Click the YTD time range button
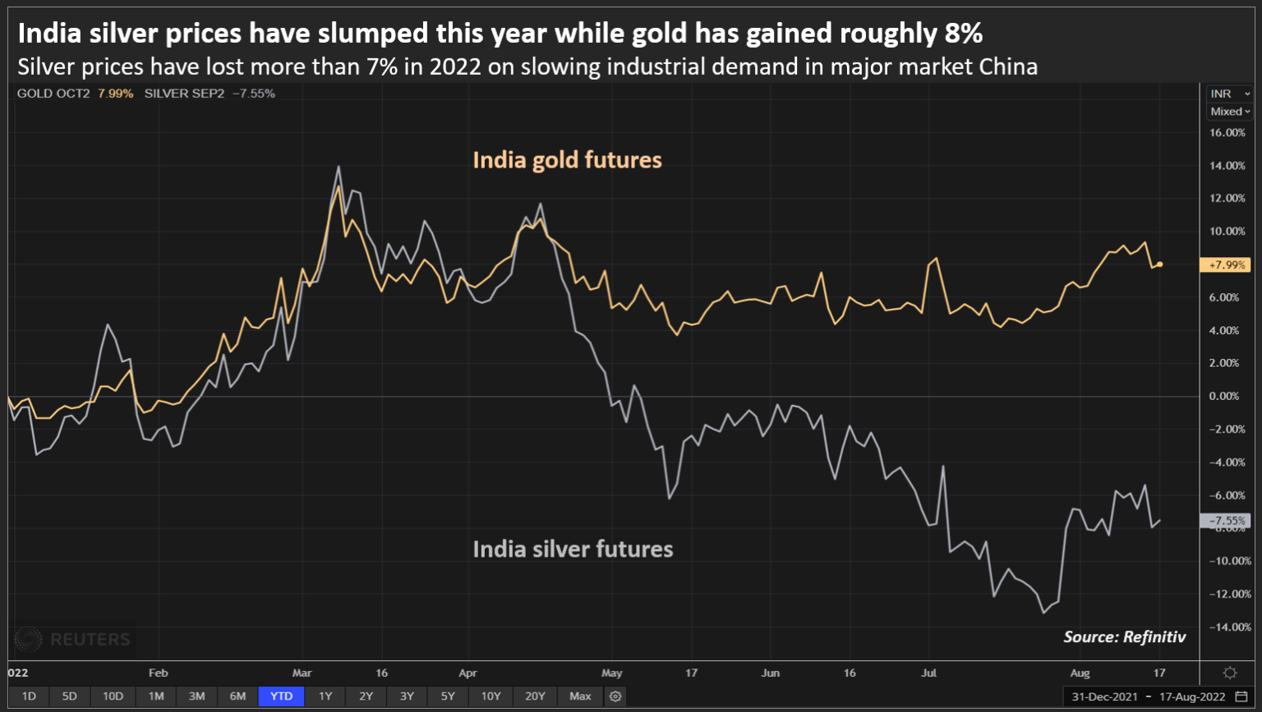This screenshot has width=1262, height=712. (x=281, y=696)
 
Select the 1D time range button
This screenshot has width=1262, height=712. (x=29, y=696)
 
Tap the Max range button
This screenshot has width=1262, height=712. (x=580, y=696)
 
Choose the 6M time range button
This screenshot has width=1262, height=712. (x=237, y=696)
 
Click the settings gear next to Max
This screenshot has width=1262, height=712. (x=615, y=696)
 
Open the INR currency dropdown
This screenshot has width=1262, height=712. (x=1230, y=94)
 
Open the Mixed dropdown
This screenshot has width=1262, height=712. (x=1230, y=112)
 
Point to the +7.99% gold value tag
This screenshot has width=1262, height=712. (x=1224, y=265)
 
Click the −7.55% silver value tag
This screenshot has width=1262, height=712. (x=1224, y=521)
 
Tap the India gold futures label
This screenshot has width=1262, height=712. (x=567, y=159)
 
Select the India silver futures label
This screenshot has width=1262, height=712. (x=573, y=549)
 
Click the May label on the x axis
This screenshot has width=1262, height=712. (x=611, y=673)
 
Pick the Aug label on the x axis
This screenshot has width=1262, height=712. (x=1080, y=673)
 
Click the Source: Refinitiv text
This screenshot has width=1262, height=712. (x=1124, y=636)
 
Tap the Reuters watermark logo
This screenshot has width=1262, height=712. (x=74, y=639)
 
